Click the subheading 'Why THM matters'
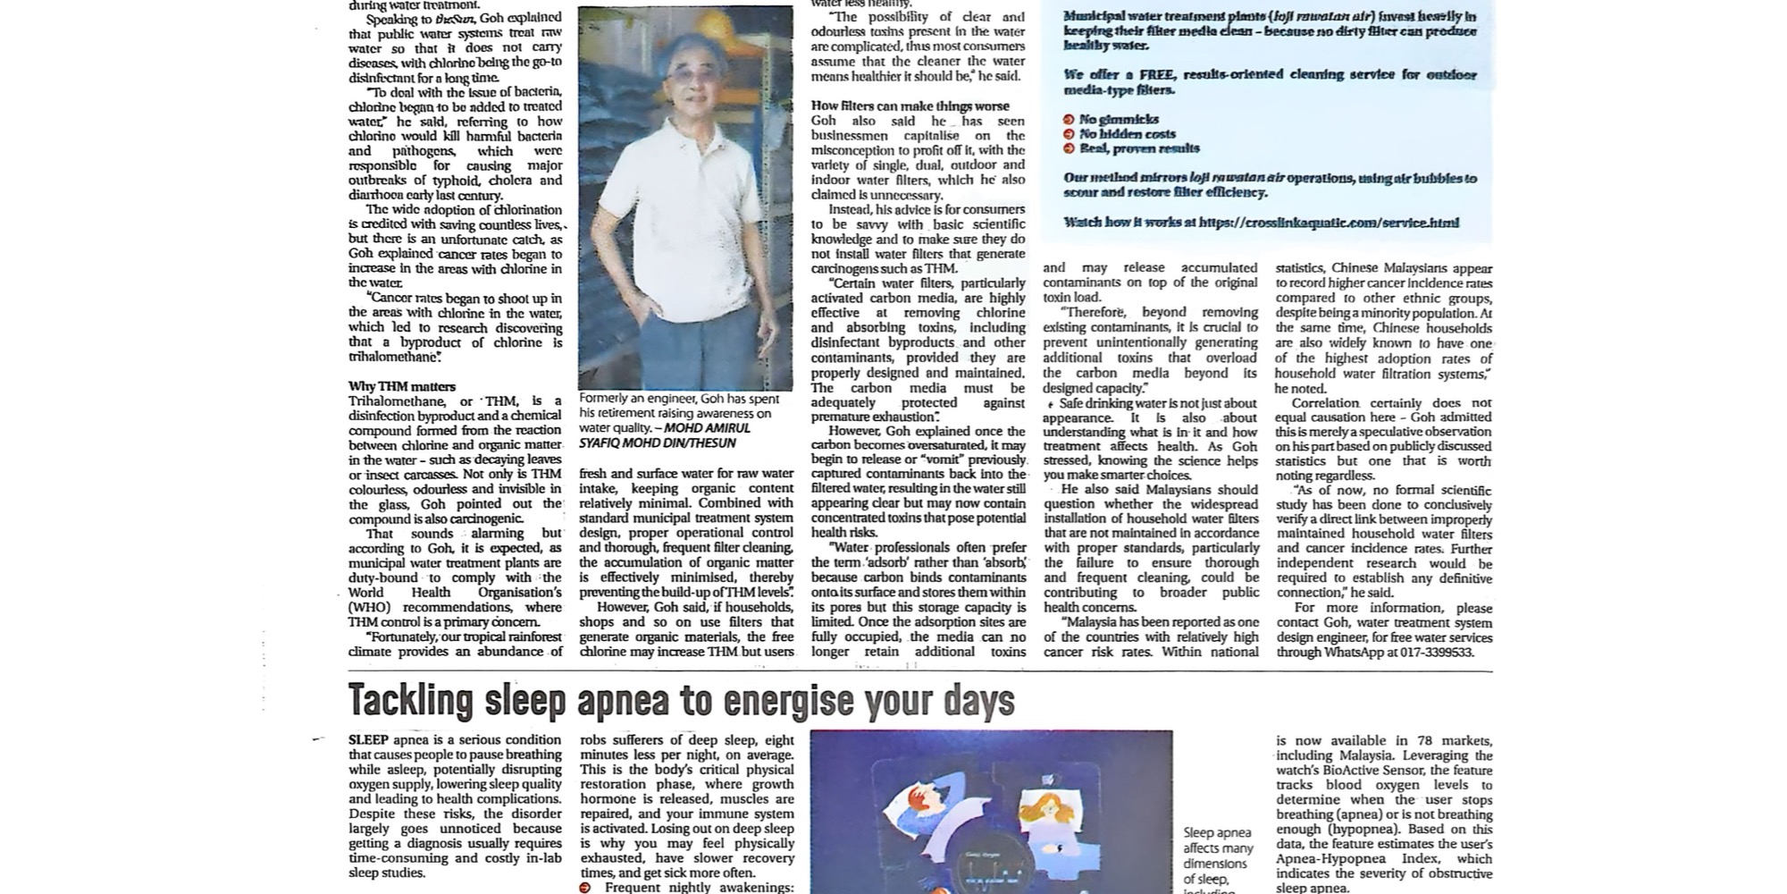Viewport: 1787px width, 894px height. [x=402, y=386]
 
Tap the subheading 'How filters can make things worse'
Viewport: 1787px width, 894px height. [x=910, y=105]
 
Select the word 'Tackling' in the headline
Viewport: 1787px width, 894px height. [x=410, y=701]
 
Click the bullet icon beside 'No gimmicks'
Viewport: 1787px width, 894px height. [x=1069, y=119]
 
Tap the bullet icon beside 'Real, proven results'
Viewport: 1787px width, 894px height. [x=1069, y=148]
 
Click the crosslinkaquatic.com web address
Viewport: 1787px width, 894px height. [x=1329, y=222]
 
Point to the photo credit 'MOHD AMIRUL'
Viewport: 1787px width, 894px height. [x=707, y=428]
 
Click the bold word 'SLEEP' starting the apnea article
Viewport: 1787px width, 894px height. [x=368, y=740]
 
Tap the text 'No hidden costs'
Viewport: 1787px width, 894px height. [x=1127, y=134]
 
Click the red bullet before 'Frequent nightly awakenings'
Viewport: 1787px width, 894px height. [x=585, y=888]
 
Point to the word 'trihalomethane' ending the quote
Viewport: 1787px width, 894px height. [x=393, y=357]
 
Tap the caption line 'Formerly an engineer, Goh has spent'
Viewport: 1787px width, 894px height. [x=679, y=399]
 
